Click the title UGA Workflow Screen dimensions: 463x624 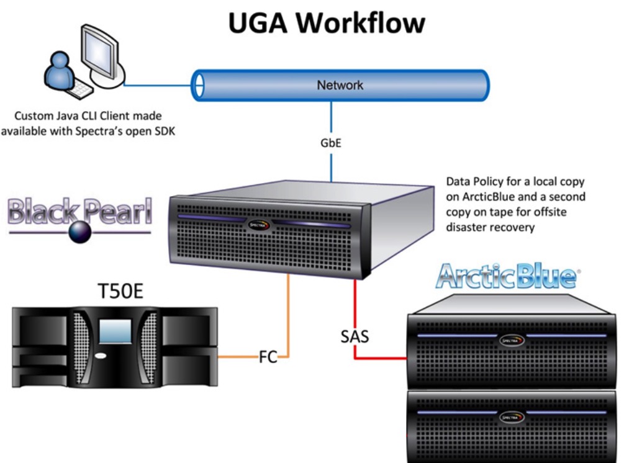[x=327, y=23]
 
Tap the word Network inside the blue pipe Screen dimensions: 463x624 [x=340, y=85]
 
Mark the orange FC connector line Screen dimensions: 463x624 [x=288, y=317]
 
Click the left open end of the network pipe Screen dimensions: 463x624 [x=197, y=85]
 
